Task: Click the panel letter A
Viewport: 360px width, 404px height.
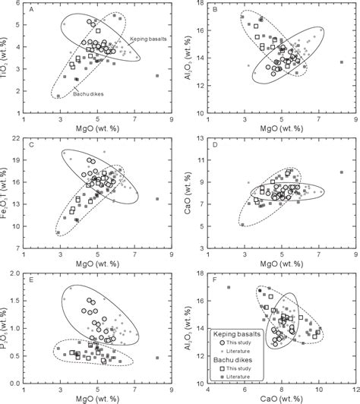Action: (x=31, y=10)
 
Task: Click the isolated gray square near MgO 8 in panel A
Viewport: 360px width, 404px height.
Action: (x=156, y=76)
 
